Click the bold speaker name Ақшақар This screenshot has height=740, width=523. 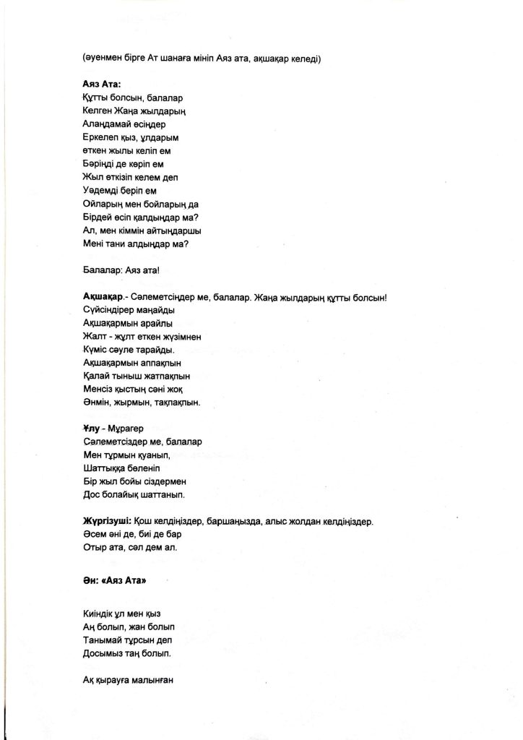[x=98, y=298]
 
